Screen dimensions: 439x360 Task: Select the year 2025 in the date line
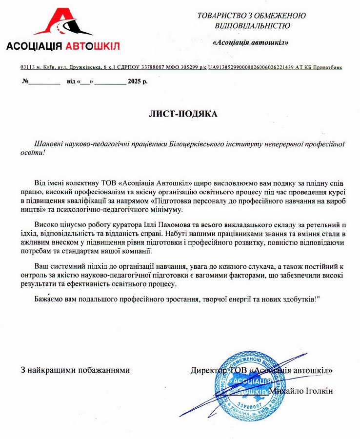coord(134,81)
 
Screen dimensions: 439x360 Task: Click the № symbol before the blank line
coord(25,81)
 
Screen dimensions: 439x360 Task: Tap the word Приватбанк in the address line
coord(327,67)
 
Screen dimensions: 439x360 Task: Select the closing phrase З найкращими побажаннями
coord(75,370)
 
